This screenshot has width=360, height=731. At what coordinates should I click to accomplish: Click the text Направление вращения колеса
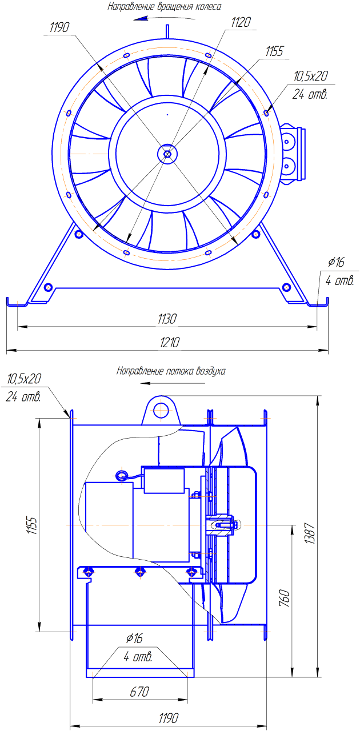[165, 6]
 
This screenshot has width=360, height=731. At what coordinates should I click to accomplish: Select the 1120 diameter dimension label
[241, 22]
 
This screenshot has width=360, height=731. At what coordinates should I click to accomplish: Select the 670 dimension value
[139, 692]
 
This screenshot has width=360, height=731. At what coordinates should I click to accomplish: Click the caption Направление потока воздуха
[171, 371]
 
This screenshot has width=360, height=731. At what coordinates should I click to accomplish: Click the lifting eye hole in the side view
[162, 410]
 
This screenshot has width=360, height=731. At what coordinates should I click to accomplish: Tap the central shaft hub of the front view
[167, 153]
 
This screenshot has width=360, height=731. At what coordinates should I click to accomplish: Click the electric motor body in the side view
[109, 521]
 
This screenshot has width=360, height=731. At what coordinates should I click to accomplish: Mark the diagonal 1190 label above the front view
[61, 27]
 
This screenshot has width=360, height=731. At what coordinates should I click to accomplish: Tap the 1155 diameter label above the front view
[274, 51]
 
